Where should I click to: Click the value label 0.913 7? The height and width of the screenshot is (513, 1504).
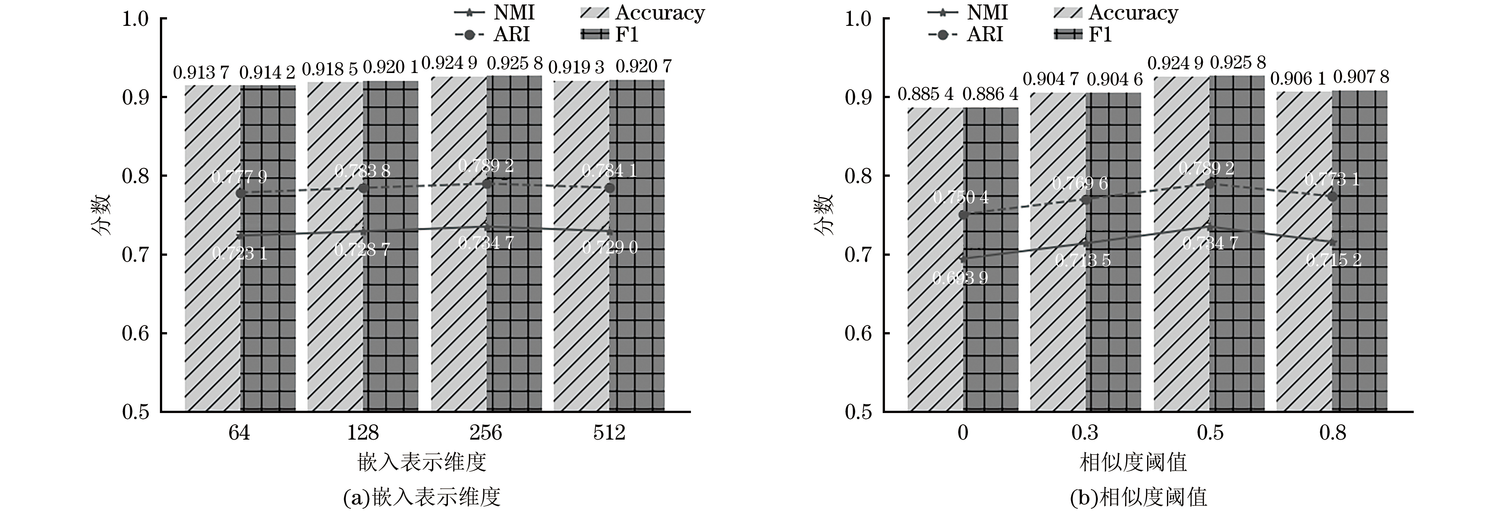(x=201, y=73)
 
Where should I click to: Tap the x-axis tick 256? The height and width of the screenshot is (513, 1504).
(x=486, y=432)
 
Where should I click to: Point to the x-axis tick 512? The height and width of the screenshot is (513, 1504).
(x=609, y=432)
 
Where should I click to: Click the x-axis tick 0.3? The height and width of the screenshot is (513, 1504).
(x=1085, y=432)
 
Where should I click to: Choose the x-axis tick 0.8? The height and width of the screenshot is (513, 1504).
(x=1332, y=432)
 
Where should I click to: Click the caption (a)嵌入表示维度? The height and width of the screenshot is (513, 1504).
(x=422, y=497)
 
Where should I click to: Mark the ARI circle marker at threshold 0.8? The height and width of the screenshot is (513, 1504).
(x=1332, y=197)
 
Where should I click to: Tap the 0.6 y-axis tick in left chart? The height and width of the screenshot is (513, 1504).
(x=136, y=333)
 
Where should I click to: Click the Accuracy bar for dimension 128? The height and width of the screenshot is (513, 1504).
(x=335, y=245)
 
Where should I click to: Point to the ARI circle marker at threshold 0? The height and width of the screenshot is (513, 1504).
(x=963, y=215)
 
